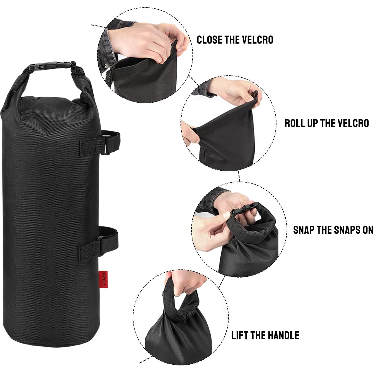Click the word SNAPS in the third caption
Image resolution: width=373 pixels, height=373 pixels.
click(346, 230)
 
